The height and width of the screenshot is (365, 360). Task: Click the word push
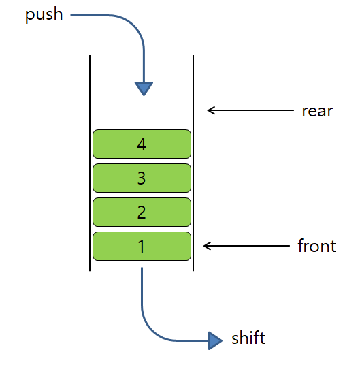pyautogui.click(x=44, y=15)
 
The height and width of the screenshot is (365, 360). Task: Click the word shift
pyautogui.click(x=248, y=338)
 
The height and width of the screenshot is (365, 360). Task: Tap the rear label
pyautogui.click(x=316, y=110)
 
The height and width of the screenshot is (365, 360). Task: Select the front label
pyautogui.click(x=316, y=246)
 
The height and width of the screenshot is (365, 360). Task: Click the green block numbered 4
pyautogui.click(x=109, y=144)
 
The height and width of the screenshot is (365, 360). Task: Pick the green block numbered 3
pyautogui.click(x=109, y=178)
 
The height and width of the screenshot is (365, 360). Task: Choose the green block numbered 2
pyautogui.click(x=109, y=212)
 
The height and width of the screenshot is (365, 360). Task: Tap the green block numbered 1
pyautogui.click(x=109, y=246)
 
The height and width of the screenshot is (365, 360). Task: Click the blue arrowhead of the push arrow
pyautogui.click(x=144, y=89)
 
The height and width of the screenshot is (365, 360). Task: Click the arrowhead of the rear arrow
pyautogui.click(x=210, y=110)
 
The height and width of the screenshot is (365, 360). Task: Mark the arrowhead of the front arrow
pyautogui.click(x=207, y=246)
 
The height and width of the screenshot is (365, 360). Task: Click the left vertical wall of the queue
pyautogui.click(x=90, y=163)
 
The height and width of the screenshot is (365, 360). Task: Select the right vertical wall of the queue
pyautogui.click(x=194, y=163)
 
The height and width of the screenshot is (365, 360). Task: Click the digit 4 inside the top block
pyautogui.click(x=142, y=144)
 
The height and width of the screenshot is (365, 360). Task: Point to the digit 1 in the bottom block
pyautogui.click(x=142, y=246)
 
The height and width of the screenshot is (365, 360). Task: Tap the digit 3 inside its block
pyautogui.click(x=142, y=178)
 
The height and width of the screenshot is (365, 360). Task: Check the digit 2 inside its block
pyautogui.click(x=142, y=212)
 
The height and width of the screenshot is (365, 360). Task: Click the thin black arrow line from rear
pyautogui.click(x=252, y=110)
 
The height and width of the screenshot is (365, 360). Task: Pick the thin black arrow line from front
pyautogui.click(x=248, y=246)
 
